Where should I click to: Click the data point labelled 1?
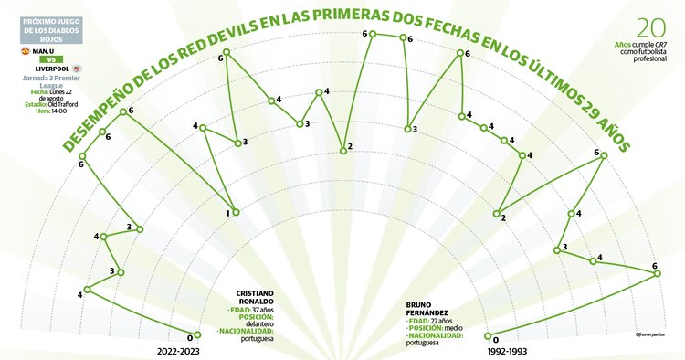pos(237,212)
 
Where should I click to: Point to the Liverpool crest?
pos(81,68)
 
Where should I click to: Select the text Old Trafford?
pos(69,104)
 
